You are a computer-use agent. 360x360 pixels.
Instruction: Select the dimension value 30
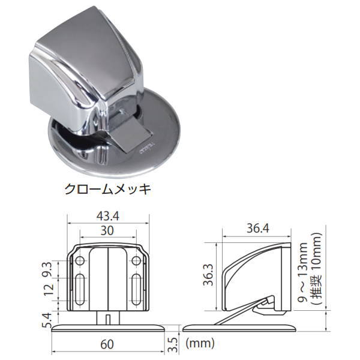tap(107, 230)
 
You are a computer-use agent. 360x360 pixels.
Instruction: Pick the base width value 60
tap(107, 344)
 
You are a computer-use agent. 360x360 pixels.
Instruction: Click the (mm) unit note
tap(200, 344)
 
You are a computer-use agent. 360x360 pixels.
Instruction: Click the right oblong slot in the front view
tap(136, 290)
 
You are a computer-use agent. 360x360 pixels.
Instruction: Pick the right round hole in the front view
tap(136, 260)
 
